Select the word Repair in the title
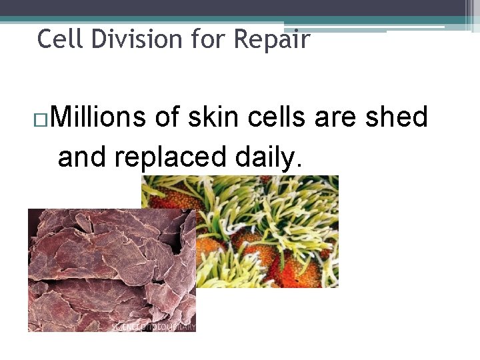(271, 39)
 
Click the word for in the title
(209, 39)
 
